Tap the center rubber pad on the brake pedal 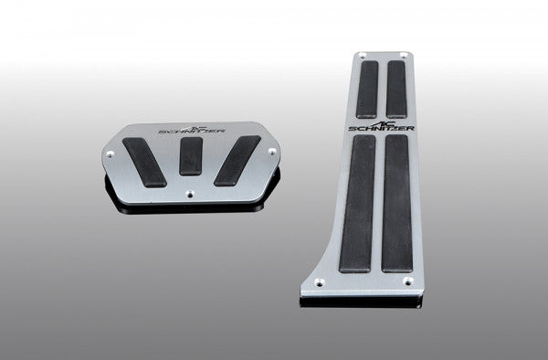tap(191, 155)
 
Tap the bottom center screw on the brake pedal tap(190, 194)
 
